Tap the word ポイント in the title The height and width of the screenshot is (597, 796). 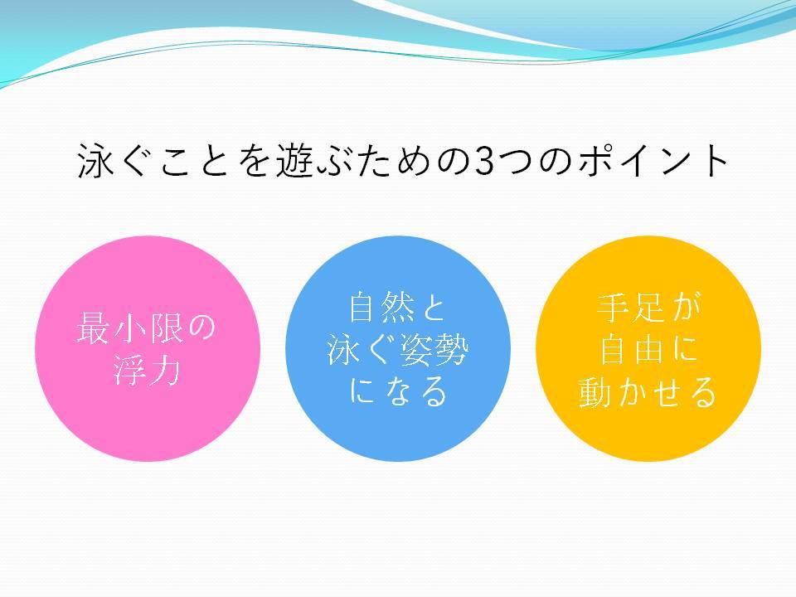(653, 161)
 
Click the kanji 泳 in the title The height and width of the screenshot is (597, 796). (95, 161)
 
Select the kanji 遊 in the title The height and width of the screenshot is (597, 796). (294, 161)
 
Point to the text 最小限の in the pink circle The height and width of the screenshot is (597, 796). (147, 328)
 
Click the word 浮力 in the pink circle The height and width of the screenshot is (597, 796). (147, 370)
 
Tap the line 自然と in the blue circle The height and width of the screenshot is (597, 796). (397, 307)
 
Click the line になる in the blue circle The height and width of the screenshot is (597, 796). (398, 391)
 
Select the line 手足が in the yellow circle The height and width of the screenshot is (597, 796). (648, 307)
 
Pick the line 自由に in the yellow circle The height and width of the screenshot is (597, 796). (648, 349)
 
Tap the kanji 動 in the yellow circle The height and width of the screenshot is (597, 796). (595, 391)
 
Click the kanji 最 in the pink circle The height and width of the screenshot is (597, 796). (94, 328)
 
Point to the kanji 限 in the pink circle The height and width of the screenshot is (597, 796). (164, 328)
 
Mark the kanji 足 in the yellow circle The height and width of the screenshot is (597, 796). (648, 307)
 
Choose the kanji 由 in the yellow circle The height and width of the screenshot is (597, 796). (648, 349)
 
